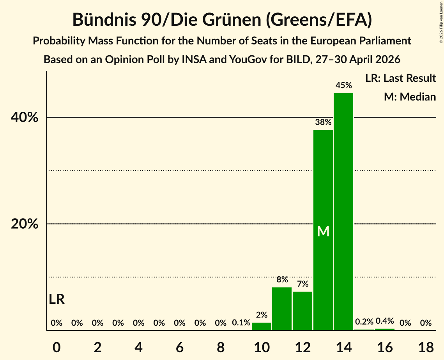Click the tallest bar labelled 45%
point(343,212)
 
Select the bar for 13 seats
point(323,230)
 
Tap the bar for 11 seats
point(282,309)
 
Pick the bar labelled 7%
point(302,311)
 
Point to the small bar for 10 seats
point(261,326)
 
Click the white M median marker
point(323,231)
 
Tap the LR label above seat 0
point(57,299)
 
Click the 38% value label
point(323,122)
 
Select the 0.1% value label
point(241,323)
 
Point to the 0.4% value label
point(384,321)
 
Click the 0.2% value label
point(364,321)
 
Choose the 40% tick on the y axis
point(24,117)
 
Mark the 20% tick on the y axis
point(24,224)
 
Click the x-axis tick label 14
point(343,347)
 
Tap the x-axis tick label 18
point(426,347)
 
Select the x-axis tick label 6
point(180,347)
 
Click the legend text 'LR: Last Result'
point(400,78)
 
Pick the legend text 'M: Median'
point(410,97)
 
